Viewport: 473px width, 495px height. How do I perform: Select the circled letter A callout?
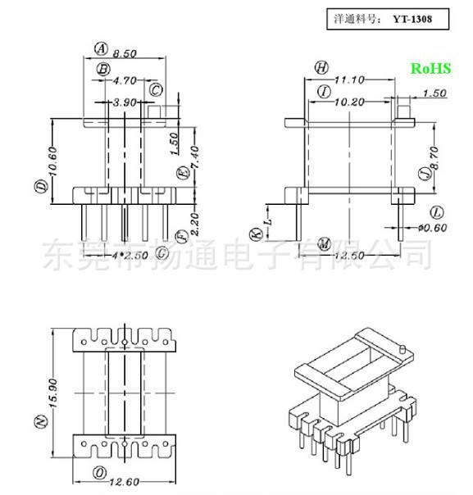102,48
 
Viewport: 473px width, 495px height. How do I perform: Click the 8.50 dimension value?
125,53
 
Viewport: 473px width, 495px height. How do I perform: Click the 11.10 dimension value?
350,79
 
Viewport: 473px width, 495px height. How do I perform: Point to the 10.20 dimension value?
350,102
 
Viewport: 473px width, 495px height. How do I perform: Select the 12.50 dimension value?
352,257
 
